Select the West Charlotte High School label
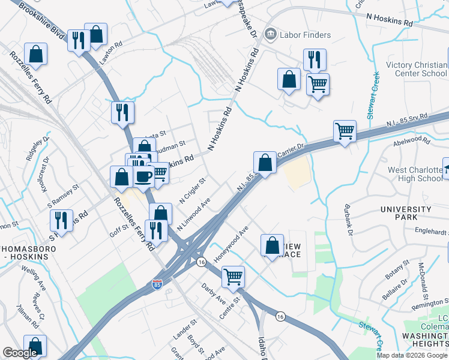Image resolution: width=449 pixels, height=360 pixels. tap(415, 174)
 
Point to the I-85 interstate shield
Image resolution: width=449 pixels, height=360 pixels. tap(157, 285)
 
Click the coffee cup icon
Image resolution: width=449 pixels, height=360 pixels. tap(143, 175)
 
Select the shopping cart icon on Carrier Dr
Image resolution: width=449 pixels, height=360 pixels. tap(345, 130)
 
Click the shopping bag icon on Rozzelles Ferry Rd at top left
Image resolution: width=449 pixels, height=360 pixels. tap(36, 53)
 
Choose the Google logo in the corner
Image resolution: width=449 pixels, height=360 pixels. tap(20, 353)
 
